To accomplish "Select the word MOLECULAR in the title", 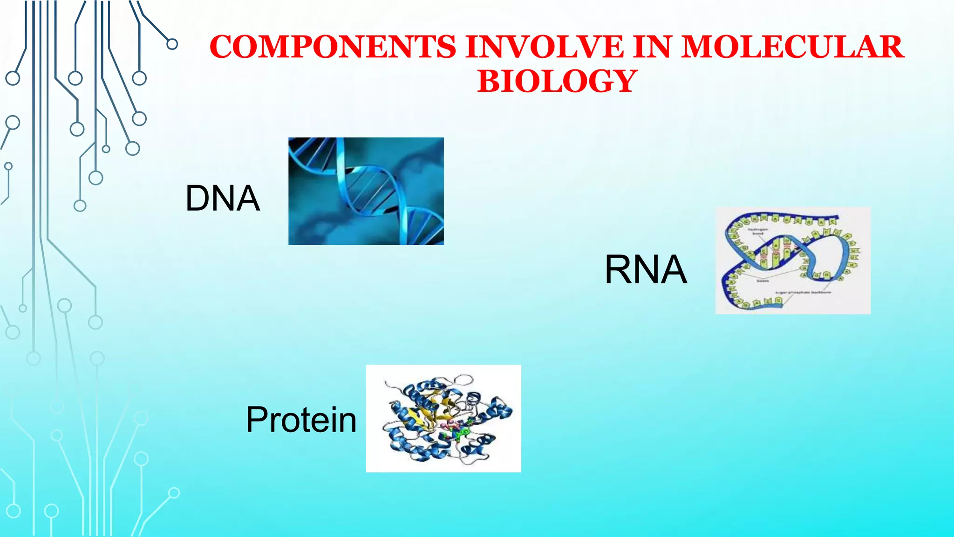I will point(792,47).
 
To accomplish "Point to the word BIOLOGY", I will point(557,81).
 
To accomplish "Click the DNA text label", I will point(222,199).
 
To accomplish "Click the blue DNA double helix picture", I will point(366,191).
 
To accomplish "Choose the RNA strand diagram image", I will point(793,261).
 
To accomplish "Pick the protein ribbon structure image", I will point(443,418).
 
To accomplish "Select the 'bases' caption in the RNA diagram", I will point(763,281).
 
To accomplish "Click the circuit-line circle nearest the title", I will point(172,44).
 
